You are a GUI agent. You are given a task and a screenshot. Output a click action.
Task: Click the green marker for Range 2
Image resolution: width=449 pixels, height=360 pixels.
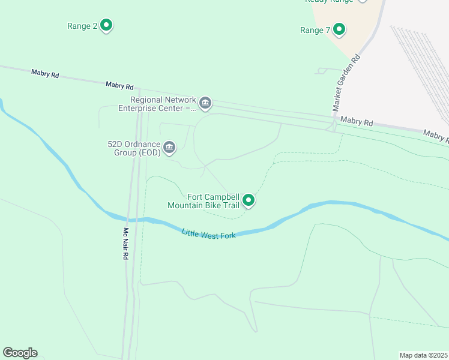tap(106, 25)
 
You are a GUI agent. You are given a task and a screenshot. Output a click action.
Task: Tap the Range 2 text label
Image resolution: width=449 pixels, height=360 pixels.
tap(82, 26)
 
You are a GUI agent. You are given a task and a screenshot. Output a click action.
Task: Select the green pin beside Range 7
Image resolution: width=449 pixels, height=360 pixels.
tap(339, 29)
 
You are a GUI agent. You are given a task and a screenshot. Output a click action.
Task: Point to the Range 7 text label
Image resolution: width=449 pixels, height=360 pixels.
tap(315, 30)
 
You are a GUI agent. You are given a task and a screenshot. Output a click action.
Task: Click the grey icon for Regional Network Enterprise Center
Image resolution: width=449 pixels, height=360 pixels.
tap(205, 103)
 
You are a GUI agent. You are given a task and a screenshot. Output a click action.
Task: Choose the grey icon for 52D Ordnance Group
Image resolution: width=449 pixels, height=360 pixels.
tap(169, 147)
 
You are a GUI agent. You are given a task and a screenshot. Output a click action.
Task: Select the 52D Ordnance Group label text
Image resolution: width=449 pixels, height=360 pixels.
tap(134, 148)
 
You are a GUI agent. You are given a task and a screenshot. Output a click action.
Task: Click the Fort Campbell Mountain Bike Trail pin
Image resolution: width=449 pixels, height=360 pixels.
tap(249, 200)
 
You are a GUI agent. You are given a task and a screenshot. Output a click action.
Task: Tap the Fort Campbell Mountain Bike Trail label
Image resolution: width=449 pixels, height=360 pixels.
tap(204, 201)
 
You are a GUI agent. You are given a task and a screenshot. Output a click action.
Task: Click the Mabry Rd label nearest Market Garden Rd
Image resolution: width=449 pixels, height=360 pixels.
tap(357, 122)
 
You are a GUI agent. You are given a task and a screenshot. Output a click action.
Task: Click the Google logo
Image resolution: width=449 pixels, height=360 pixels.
tap(20, 353)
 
